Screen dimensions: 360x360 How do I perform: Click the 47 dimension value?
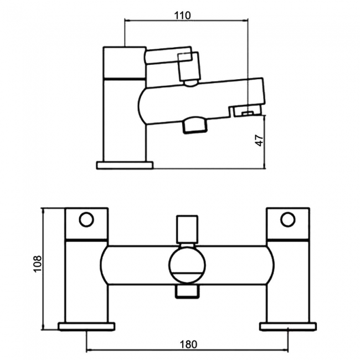[259, 140]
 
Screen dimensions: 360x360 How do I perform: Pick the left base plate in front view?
[86, 325]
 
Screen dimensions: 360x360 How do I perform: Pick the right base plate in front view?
[288, 325]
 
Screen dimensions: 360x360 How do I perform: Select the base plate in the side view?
[125, 164]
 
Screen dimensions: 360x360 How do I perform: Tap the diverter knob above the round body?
[187, 228]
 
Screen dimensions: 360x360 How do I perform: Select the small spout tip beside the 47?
[246, 112]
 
